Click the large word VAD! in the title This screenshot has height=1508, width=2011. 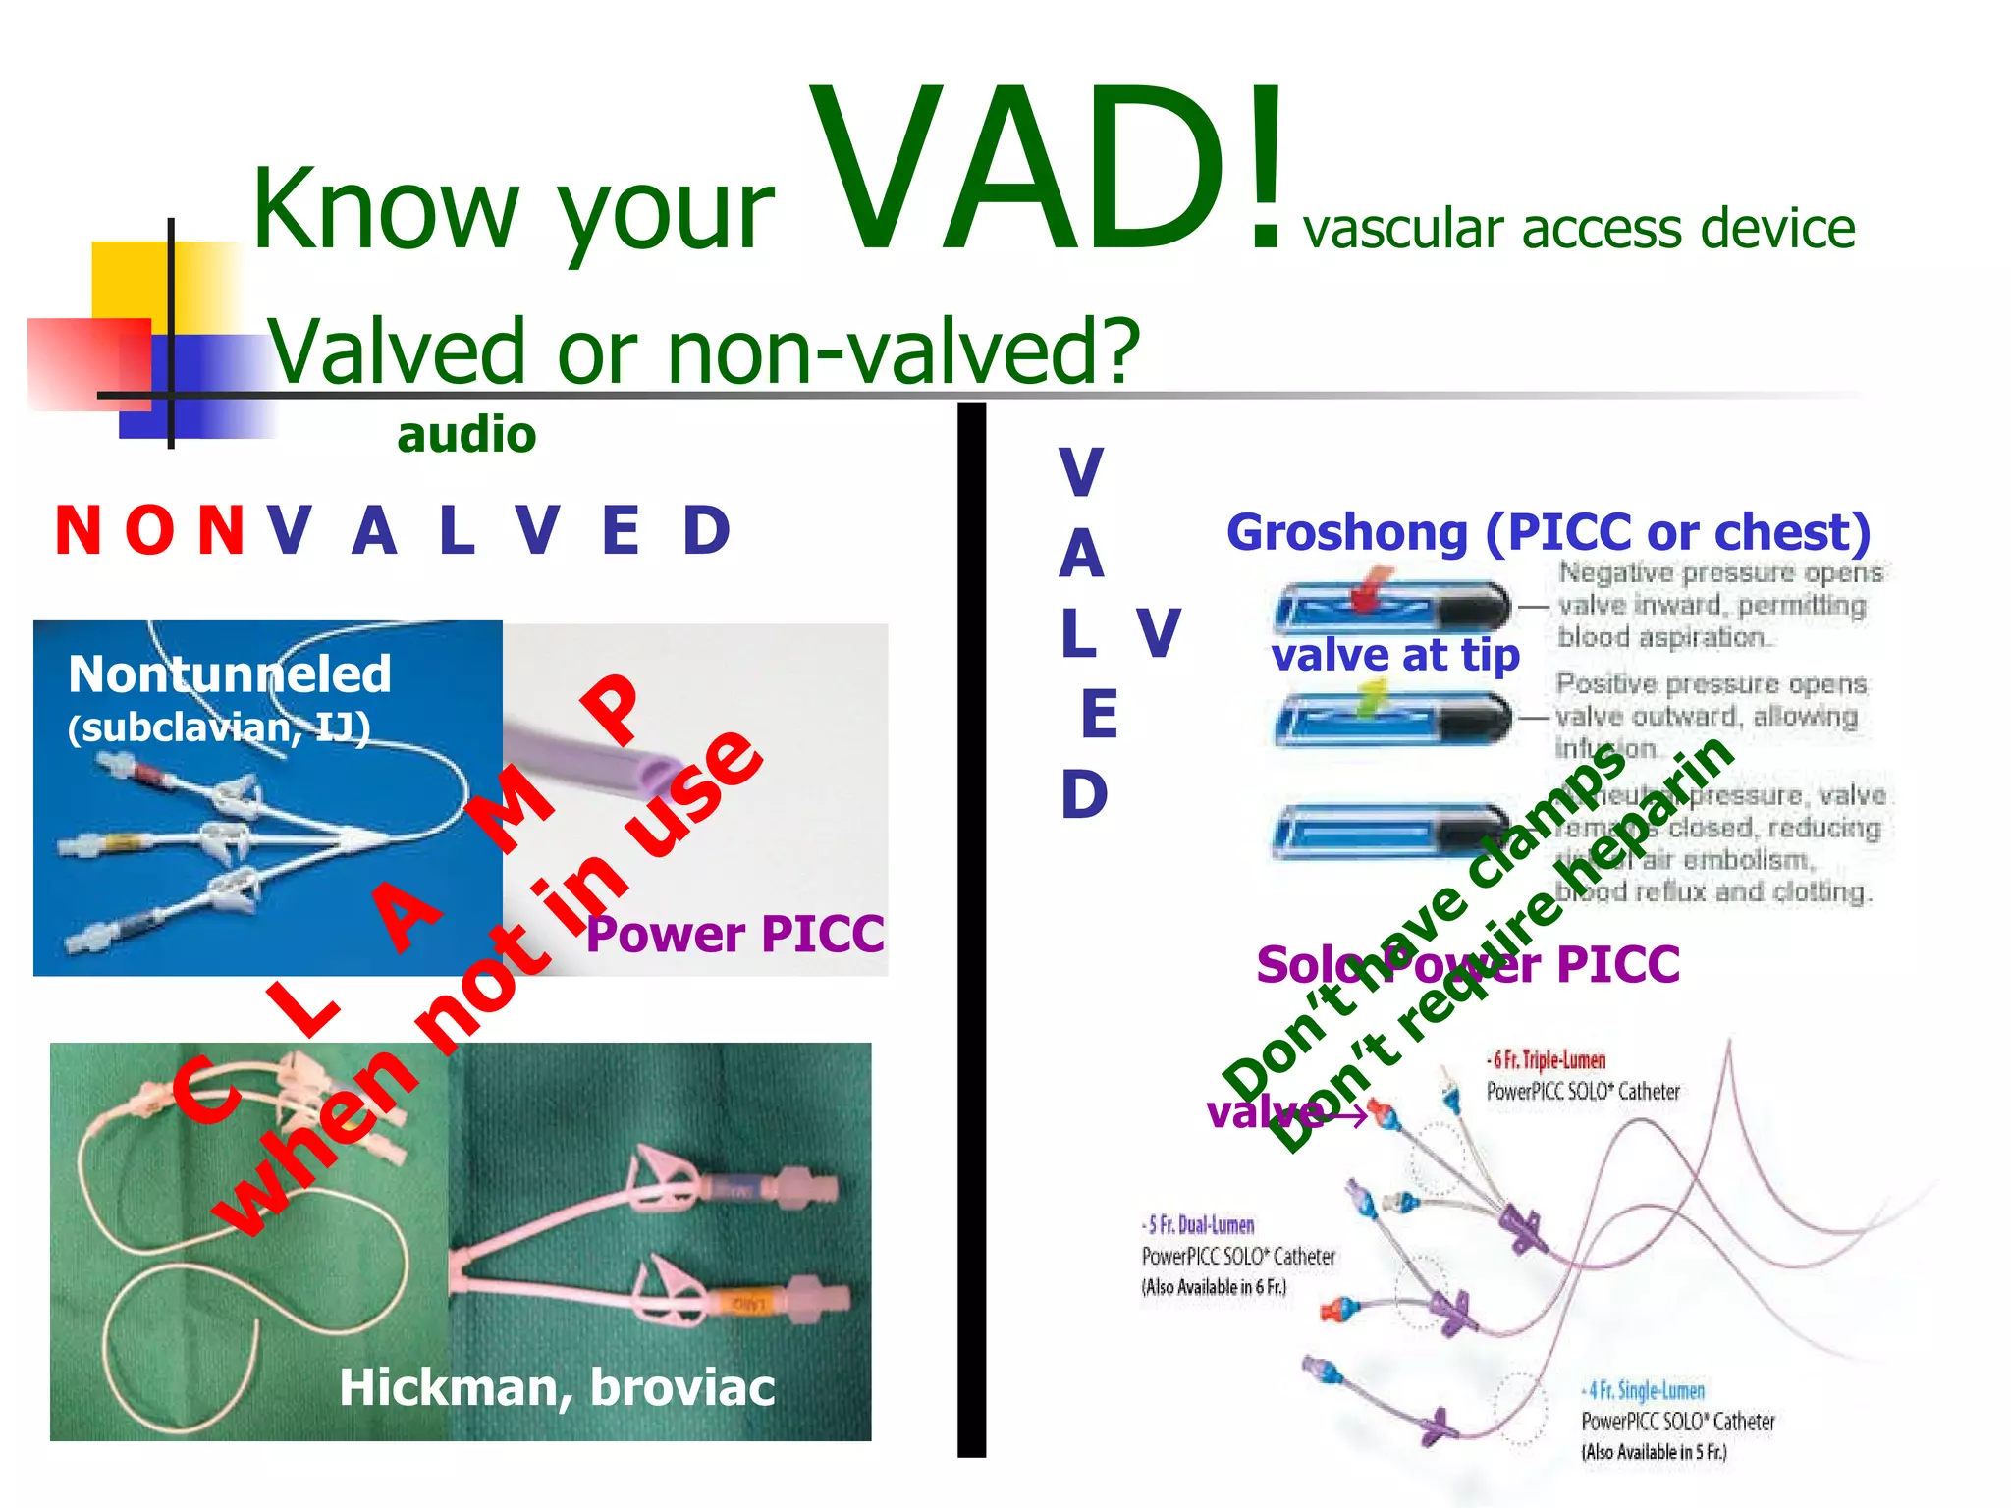pos(1046,172)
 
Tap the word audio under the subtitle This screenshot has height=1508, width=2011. pos(466,435)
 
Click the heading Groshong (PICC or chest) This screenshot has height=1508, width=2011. pos(1549,533)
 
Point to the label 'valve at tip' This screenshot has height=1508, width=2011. pos(1394,655)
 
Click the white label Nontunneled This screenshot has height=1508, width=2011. pos(230,674)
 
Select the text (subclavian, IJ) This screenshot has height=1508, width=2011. pos(219,727)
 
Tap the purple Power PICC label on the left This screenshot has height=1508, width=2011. pos(734,934)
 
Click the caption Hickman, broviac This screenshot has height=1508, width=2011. pos(557,1387)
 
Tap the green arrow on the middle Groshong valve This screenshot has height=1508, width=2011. pos(1373,698)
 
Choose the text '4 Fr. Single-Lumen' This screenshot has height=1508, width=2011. pos(1645,1391)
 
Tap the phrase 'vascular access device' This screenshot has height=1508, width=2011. pos(1578,229)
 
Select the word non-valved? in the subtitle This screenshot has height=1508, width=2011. pos(903,350)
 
